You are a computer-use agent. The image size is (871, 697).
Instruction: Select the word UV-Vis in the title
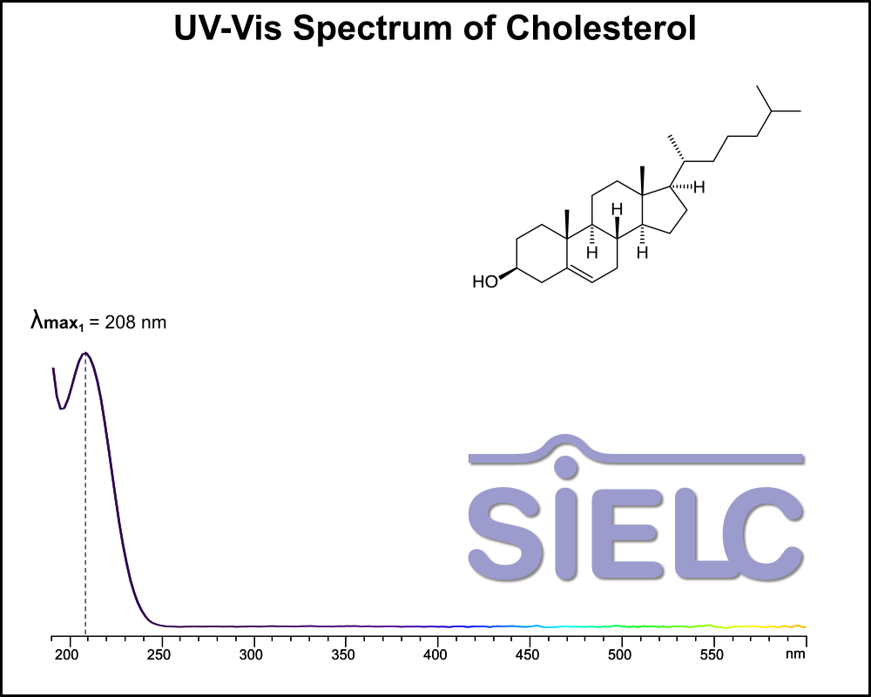coord(226,29)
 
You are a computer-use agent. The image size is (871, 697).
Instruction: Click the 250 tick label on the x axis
coord(159,653)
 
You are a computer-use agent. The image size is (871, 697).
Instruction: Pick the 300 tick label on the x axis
coord(252,653)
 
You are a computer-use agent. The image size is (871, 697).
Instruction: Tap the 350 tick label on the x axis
coord(344,653)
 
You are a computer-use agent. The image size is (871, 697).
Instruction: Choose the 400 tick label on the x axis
coord(436,653)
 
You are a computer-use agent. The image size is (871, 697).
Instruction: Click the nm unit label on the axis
coord(795,653)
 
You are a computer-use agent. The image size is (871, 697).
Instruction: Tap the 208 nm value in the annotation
coord(135,322)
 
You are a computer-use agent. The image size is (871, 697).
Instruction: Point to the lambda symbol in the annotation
coord(38,321)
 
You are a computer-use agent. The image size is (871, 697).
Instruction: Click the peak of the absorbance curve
coord(85,353)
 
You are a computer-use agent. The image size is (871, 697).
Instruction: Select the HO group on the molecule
coord(484,282)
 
